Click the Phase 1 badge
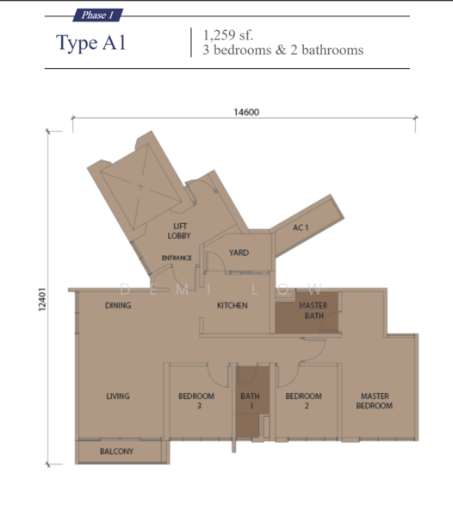[98, 16]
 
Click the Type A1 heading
[91, 43]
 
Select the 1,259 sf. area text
[228, 35]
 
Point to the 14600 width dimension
[246, 112]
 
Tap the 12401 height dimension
[42, 299]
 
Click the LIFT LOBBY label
[179, 231]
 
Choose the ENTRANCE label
[177, 258]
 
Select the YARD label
[239, 252]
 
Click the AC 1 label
[301, 227]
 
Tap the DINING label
[118, 306]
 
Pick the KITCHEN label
[233, 306]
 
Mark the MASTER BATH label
[313, 310]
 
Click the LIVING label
[118, 396]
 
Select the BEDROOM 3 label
[196, 401]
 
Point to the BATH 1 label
[250, 401]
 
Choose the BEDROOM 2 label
[304, 401]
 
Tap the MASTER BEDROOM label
[375, 401]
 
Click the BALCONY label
[116, 452]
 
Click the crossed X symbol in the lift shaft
[140, 187]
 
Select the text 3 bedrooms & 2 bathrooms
[283, 51]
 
